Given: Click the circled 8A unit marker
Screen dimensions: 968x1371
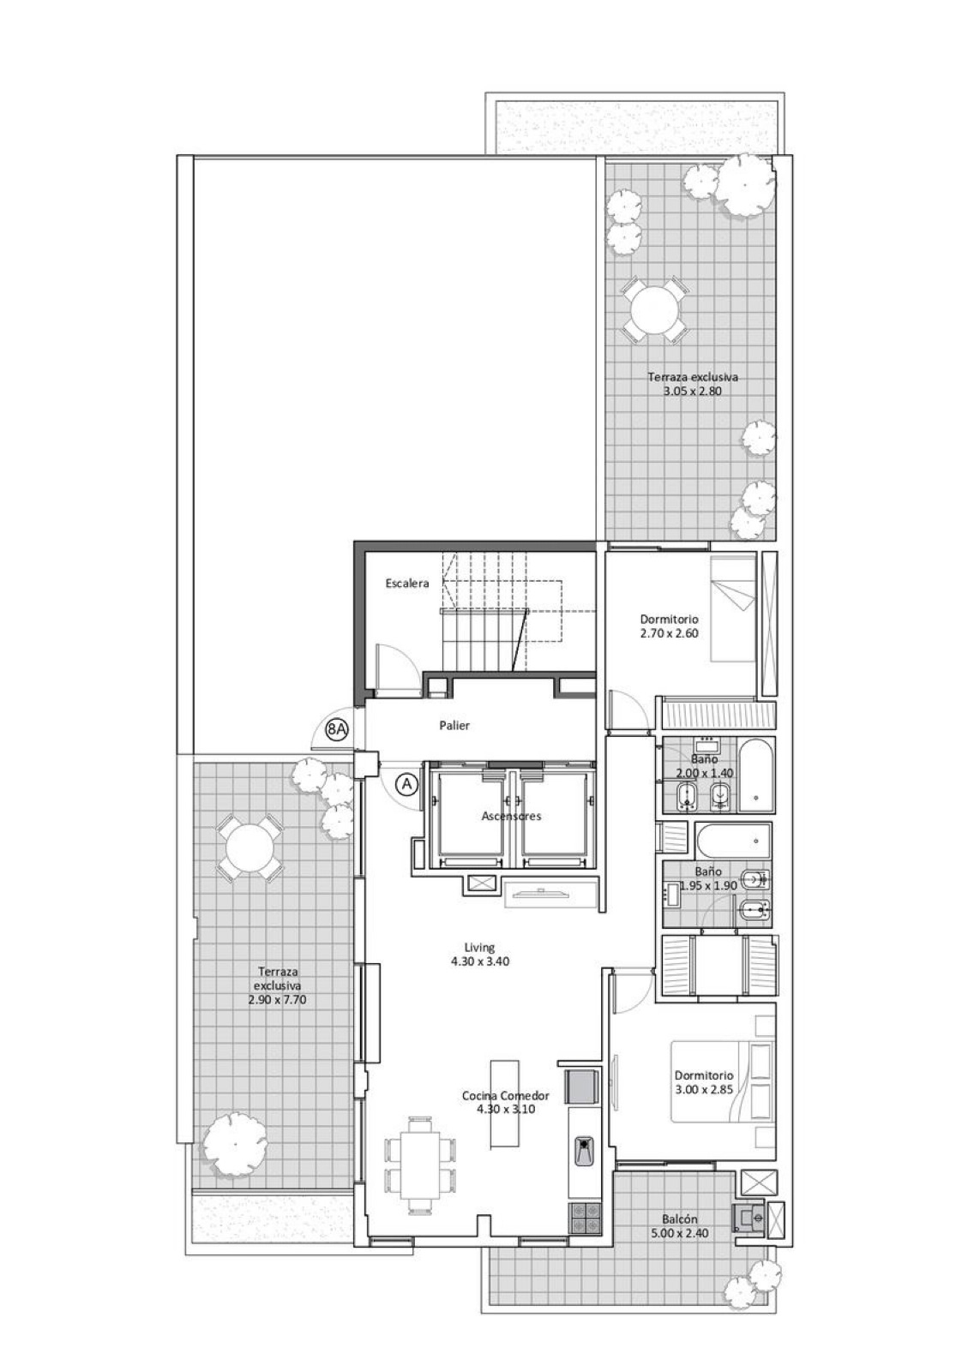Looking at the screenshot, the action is click(337, 729).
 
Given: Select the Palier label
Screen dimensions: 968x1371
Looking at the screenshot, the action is click(454, 726).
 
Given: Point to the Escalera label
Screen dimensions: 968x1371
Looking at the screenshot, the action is click(407, 584).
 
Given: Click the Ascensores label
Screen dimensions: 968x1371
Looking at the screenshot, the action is click(511, 816).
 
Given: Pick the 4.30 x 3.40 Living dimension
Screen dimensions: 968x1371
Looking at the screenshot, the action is click(480, 961).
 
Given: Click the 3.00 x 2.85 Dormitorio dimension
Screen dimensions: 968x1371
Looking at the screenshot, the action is click(704, 1089).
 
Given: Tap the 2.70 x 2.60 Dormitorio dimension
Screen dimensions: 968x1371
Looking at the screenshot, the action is click(670, 633).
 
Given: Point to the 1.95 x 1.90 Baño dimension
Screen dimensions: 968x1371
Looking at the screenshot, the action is click(708, 885).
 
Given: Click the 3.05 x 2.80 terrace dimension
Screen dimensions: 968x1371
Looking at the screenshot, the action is click(693, 391).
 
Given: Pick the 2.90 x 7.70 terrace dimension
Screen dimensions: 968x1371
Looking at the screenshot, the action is click(277, 1000).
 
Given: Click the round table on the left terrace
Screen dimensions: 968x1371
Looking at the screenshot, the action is click(250, 848).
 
